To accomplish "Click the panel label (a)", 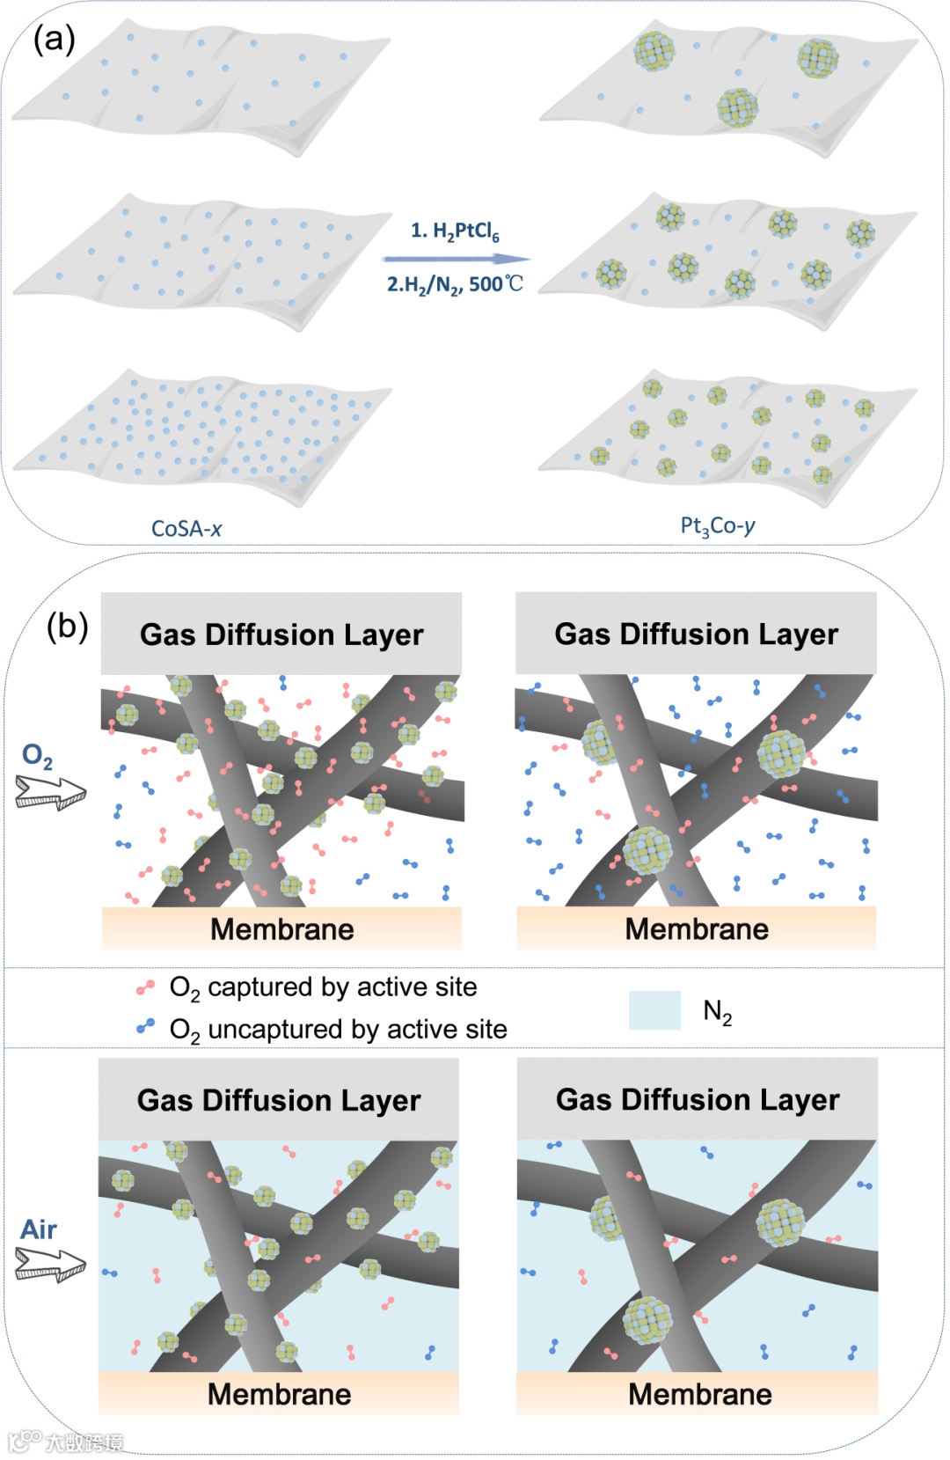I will tap(54, 40).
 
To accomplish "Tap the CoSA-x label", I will tap(186, 529).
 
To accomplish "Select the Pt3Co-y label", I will tap(718, 526).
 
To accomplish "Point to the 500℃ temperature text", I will tap(496, 284).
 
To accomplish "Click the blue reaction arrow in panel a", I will tap(456, 259).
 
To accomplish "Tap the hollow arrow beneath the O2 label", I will tap(51, 792).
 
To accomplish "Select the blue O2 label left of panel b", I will tap(37, 755).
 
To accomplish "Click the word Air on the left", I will tap(39, 1229).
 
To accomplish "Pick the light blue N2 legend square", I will tap(654, 1010).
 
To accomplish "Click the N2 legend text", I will tap(718, 1013).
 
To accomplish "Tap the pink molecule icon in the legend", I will tap(145, 987).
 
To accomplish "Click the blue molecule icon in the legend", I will tap(145, 1026).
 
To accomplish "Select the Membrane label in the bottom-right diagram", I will tap(699, 1394).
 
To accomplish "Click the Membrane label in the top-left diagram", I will tap(281, 929).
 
